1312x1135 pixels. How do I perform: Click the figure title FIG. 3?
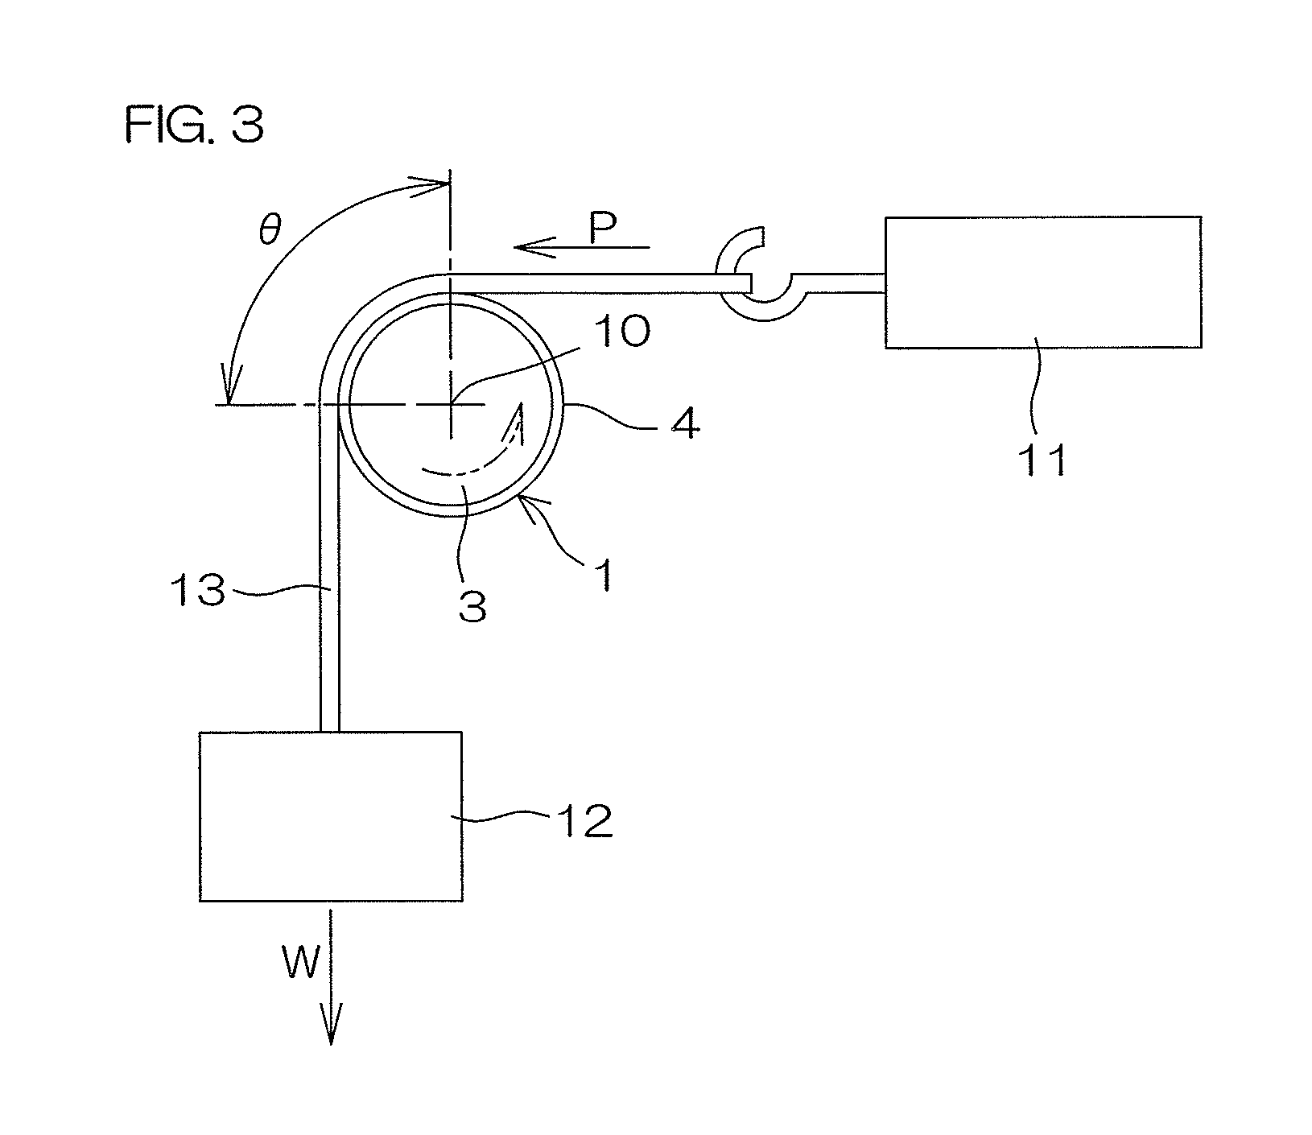tap(194, 126)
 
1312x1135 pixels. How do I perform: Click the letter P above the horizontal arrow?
tap(603, 229)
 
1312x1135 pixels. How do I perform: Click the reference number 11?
tap(1044, 460)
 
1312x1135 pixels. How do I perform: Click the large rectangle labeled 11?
tap(1043, 282)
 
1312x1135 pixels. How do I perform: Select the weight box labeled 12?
tap(330, 815)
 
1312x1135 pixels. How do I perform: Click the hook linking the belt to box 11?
tap(761, 282)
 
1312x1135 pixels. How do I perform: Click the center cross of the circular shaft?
tap(451, 404)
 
